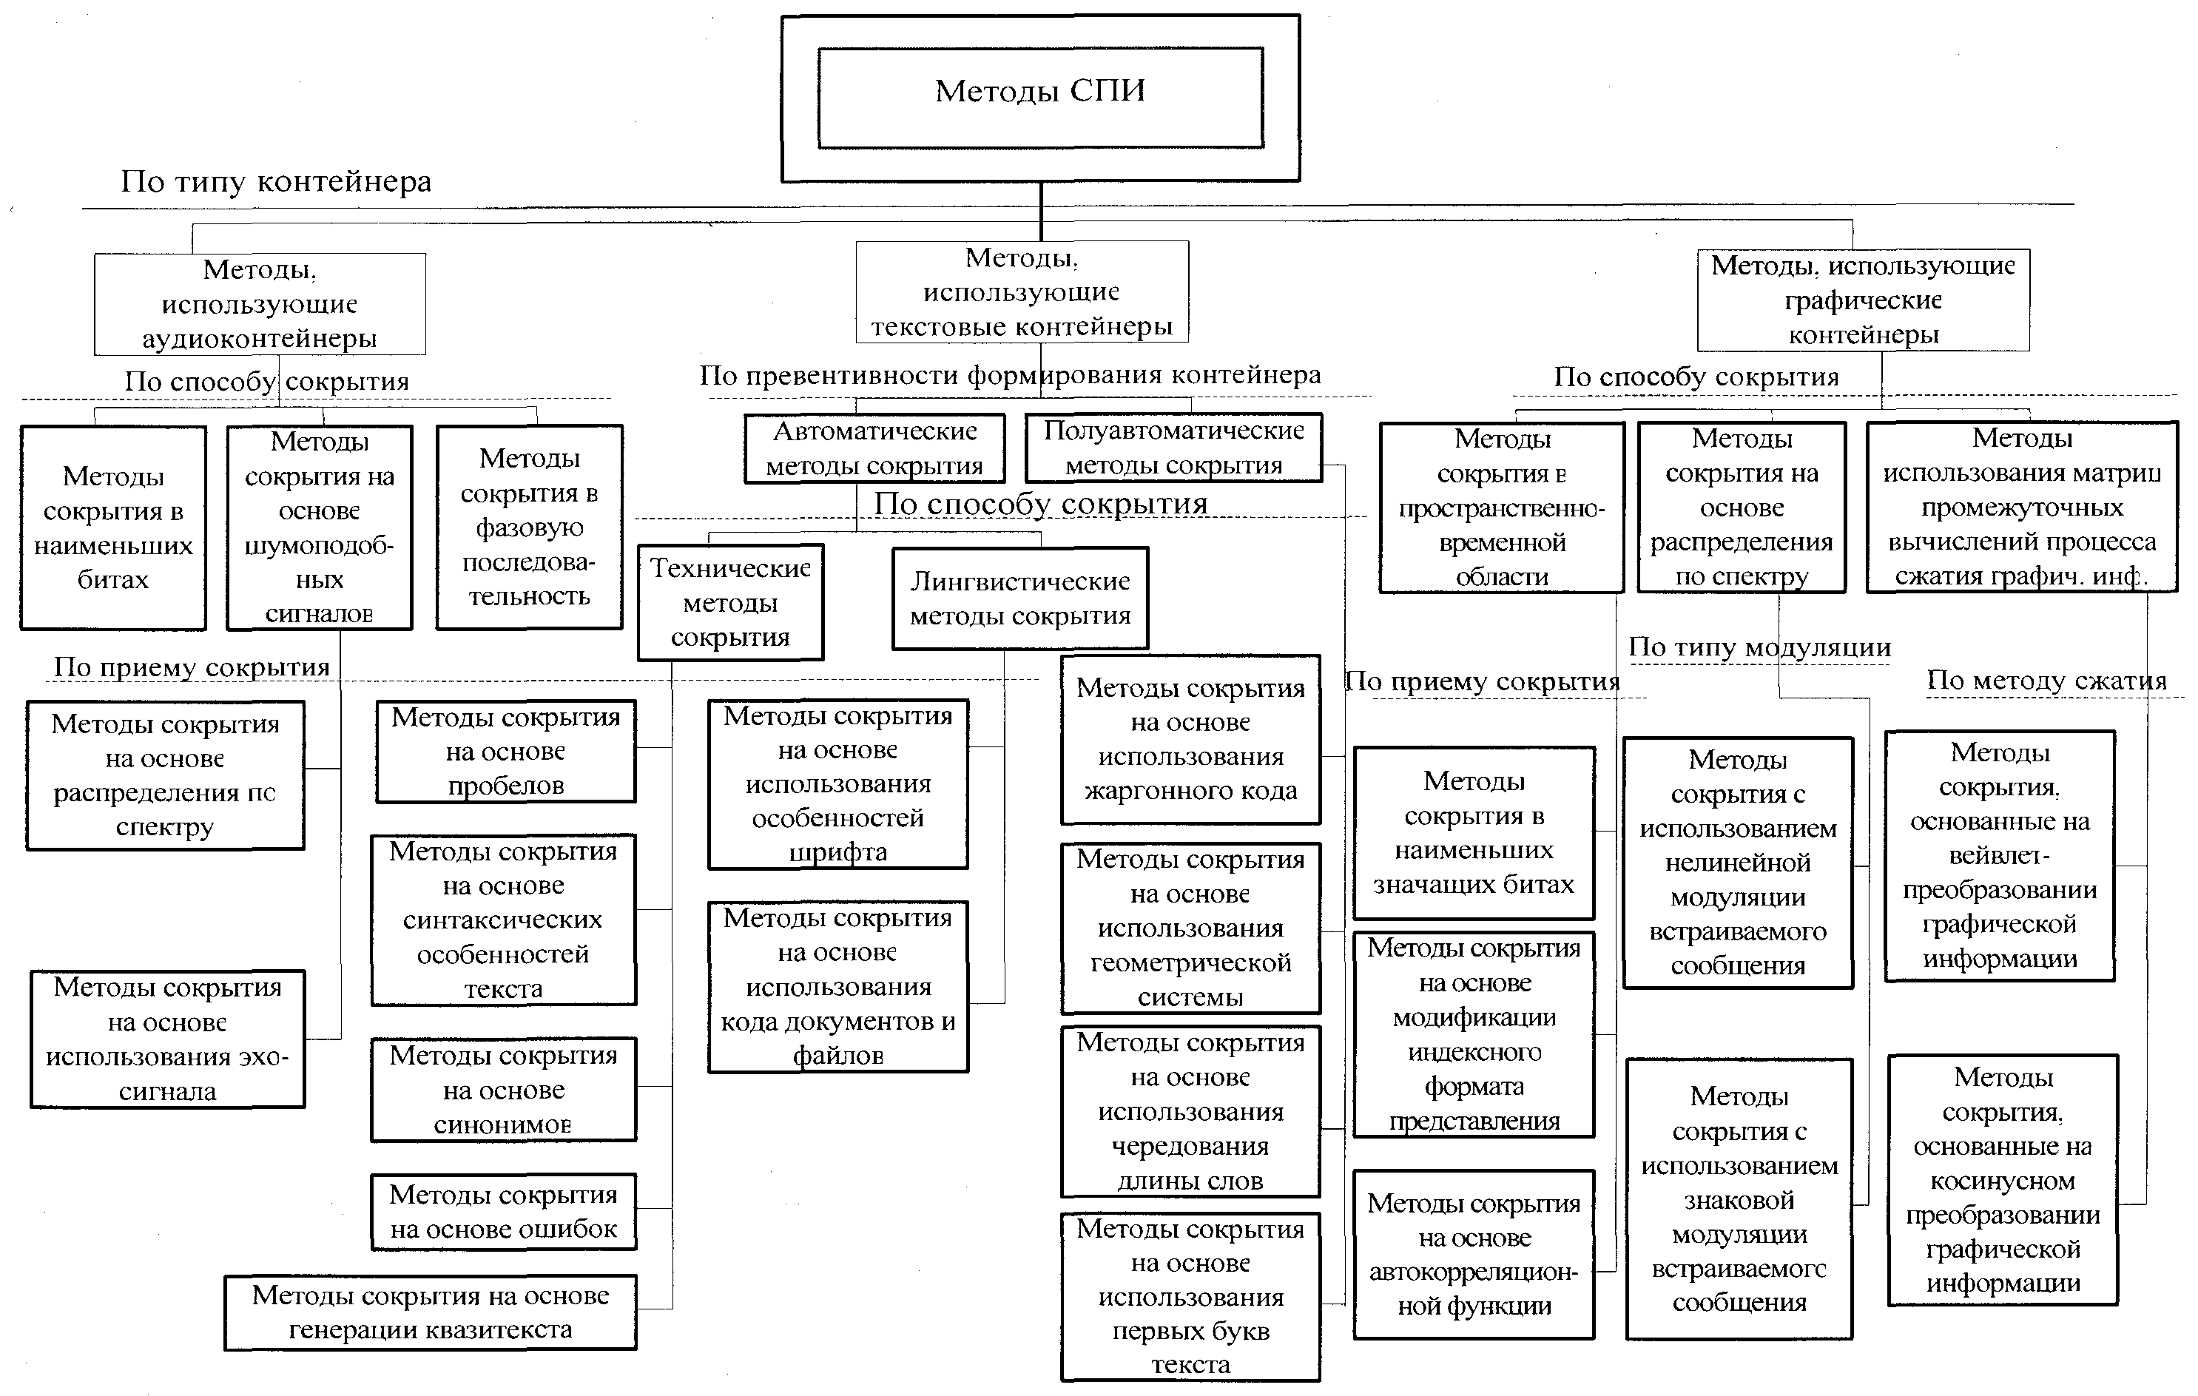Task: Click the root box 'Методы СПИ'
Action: click(1041, 98)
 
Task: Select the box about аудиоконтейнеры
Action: click(260, 304)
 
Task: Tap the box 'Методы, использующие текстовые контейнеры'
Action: click(1022, 292)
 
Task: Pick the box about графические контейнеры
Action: click(1863, 300)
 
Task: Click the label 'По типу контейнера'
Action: click(276, 182)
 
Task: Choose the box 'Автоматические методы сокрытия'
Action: click(874, 448)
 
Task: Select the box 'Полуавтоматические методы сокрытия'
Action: click(1174, 448)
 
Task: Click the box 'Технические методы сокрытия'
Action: click(730, 603)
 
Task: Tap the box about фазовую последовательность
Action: click(530, 527)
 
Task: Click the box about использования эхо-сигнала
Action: click(168, 1039)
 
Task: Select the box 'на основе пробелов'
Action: click(506, 752)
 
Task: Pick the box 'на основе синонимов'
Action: click(504, 1089)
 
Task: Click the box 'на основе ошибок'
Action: click(504, 1212)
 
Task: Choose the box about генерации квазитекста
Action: click(431, 1312)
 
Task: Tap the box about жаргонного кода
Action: click(1190, 740)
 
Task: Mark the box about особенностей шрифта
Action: click(838, 783)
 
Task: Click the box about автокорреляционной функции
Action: click(1474, 1255)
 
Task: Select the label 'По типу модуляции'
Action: click(1760, 647)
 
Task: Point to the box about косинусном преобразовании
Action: click(2003, 1181)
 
